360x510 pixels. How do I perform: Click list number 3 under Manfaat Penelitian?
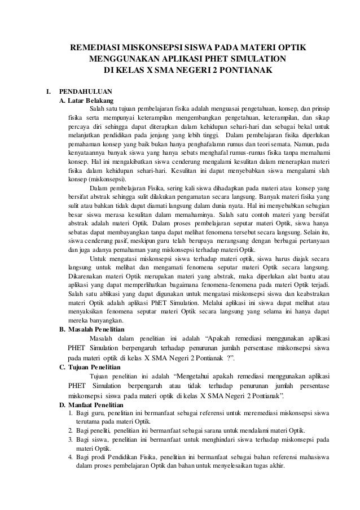coord(70,439)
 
